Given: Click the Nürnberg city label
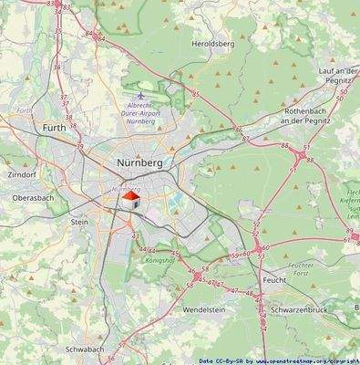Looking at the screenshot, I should coord(139,162).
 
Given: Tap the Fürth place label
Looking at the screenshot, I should coord(54,130).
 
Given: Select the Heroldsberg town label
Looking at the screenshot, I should coord(212,43).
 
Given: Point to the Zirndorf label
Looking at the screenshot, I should coord(19,172).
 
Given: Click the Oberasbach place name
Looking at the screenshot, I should coord(33,196).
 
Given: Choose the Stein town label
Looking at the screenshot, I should coord(80,221).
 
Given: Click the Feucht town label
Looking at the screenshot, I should coord(274,279).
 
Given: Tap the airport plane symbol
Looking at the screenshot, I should coord(139,95).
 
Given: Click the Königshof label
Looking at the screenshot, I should coord(159,260).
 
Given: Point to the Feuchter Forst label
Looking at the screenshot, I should coord(301,267).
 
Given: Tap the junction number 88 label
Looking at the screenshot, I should coord(284,145).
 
